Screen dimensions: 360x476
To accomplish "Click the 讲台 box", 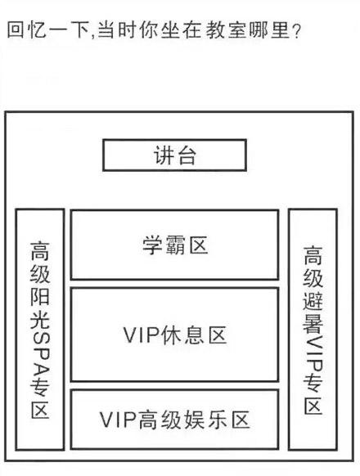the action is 174,155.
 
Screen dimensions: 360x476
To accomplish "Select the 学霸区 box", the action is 174,245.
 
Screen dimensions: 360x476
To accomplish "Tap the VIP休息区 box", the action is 174,335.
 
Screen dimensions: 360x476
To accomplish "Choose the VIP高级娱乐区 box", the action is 174,420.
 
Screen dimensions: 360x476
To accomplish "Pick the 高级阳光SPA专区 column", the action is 40,330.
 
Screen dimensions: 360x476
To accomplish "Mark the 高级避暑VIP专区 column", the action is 313,330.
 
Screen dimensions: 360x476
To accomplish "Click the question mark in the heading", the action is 295,30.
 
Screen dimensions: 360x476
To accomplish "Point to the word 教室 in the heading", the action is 226,29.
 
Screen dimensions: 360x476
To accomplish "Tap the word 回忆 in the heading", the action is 27,29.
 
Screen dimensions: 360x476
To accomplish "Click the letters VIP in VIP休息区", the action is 142,335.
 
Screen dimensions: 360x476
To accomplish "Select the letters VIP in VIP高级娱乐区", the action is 118,420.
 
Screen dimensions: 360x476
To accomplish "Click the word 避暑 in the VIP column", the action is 313,313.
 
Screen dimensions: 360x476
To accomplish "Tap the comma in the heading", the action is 92,36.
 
